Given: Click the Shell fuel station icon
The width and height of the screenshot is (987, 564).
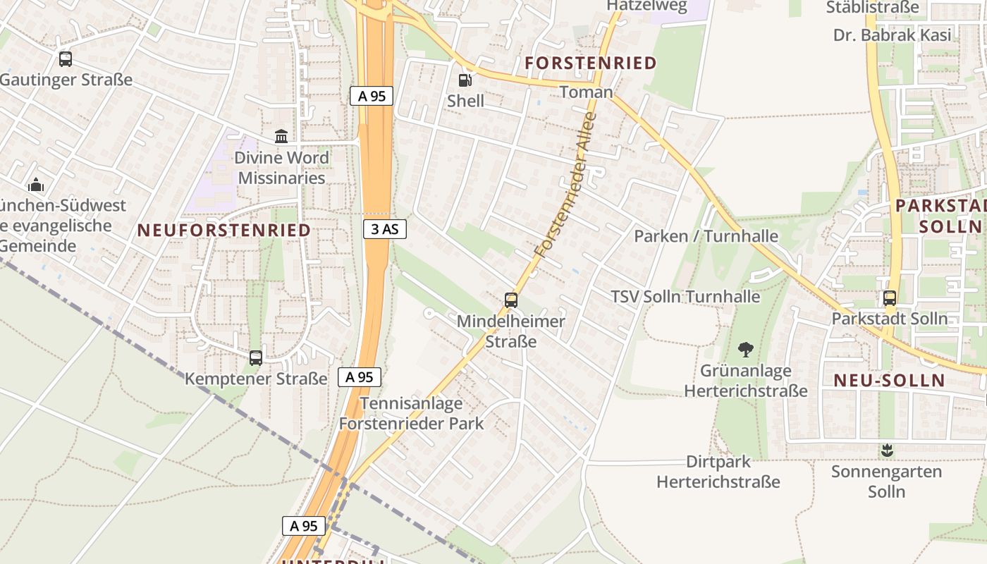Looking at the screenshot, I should pyautogui.click(x=465, y=80).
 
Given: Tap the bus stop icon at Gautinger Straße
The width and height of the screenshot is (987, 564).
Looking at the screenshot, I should pyautogui.click(x=66, y=59).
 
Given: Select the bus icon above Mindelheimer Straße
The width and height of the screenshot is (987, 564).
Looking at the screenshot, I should pyautogui.click(x=511, y=300).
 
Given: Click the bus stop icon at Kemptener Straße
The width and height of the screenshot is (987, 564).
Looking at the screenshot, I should pyautogui.click(x=256, y=358).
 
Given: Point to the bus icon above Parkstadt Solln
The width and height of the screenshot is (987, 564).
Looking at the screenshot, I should pyautogui.click(x=890, y=298).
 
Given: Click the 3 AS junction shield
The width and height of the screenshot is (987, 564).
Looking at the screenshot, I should pyautogui.click(x=385, y=228).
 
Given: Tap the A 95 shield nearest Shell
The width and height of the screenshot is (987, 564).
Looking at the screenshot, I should pyautogui.click(x=372, y=96).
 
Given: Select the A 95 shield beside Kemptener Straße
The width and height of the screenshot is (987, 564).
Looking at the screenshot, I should pyautogui.click(x=360, y=377).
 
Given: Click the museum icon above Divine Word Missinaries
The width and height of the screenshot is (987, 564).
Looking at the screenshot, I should pyautogui.click(x=281, y=136).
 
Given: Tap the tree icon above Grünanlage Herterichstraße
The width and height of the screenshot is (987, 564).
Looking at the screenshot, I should pyautogui.click(x=746, y=349).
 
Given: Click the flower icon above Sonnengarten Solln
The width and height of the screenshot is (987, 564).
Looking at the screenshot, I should pyautogui.click(x=887, y=450).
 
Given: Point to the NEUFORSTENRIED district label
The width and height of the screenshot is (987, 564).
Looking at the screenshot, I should pyautogui.click(x=223, y=231).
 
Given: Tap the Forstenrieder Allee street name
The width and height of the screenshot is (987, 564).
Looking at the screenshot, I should pyautogui.click(x=565, y=185).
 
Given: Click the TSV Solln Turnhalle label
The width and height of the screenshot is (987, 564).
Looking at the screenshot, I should pyautogui.click(x=685, y=297).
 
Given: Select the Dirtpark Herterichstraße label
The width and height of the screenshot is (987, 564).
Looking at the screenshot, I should pyautogui.click(x=718, y=472).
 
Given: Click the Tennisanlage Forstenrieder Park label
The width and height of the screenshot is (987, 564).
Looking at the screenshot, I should pyautogui.click(x=412, y=413).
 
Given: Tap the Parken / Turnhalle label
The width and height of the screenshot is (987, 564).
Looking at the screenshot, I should pyautogui.click(x=706, y=236).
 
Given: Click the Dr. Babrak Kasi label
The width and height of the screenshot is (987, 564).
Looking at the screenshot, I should pyautogui.click(x=892, y=35).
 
